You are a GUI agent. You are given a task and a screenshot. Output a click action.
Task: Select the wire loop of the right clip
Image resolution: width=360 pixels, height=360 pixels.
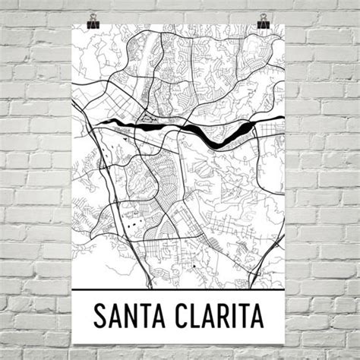pyautogui.click(x=264, y=14)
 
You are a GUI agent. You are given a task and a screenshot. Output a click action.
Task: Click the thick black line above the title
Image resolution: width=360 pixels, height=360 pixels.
pyautogui.click(x=180, y=290)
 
